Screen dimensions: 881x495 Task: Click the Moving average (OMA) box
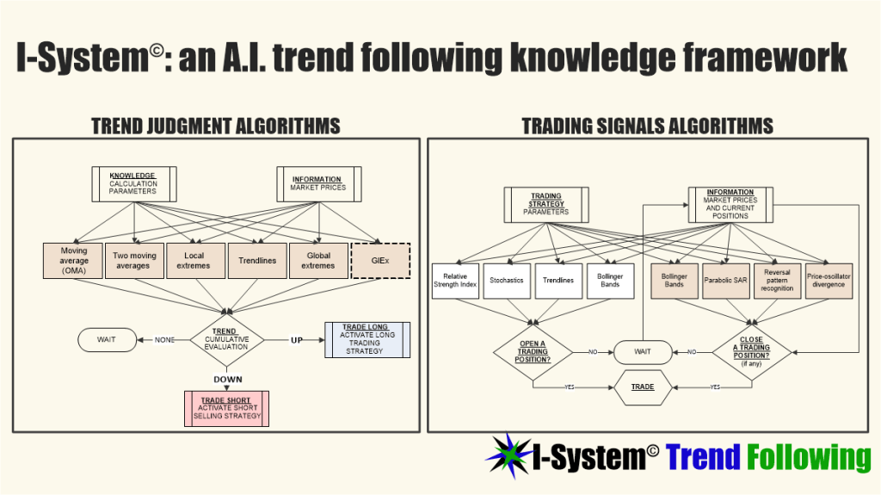click(73, 261)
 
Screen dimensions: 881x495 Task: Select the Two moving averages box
click(134, 261)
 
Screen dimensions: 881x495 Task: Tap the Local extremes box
click(195, 261)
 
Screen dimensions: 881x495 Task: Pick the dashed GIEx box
click(380, 261)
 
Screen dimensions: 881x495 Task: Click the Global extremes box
click(318, 261)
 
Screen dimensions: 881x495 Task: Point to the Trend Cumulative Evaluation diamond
click(227, 339)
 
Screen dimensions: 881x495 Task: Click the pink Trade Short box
click(226, 409)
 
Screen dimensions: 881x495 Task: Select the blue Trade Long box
click(367, 340)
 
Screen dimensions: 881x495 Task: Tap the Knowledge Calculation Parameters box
click(134, 184)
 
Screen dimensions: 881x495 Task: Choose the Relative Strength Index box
click(456, 281)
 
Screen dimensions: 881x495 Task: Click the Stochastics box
click(507, 281)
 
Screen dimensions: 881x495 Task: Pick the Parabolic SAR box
click(726, 281)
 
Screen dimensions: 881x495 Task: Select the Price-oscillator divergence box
click(829, 281)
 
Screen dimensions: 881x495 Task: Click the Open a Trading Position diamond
click(533, 352)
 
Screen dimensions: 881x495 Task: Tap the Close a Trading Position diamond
click(752, 352)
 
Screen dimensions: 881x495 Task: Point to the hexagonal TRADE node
click(643, 387)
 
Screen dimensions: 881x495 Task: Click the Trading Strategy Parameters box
click(546, 205)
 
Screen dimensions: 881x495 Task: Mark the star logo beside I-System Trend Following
click(509, 455)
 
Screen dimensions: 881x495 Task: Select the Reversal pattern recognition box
click(778, 281)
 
